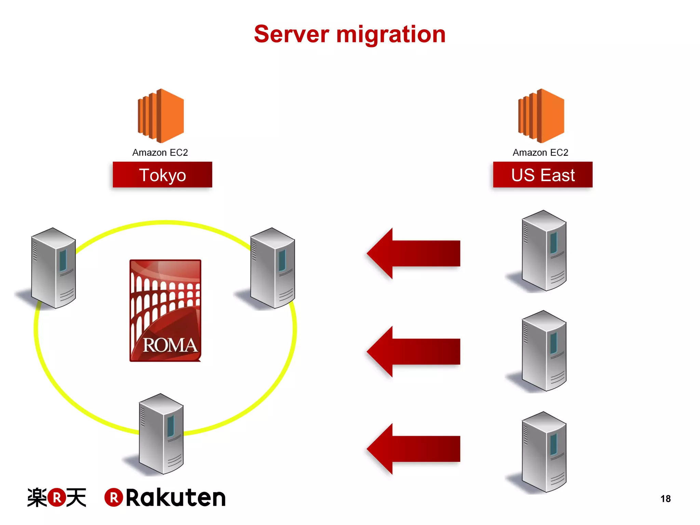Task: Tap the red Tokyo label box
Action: click(x=162, y=175)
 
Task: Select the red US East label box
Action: click(x=542, y=175)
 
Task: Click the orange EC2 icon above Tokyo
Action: click(x=161, y=116)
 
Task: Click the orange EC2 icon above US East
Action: click(x=541, y=116)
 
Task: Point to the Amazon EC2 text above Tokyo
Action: click(x=160, y=152)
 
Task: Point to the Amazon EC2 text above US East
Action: click(x=540, y=152)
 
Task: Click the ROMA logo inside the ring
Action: click(x=165, y=310)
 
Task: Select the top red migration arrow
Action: click(x=414, y=253)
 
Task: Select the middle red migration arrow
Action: click(x=414, y=351)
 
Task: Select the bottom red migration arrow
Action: click(x=414, y=449)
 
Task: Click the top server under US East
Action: click(x=543, y=251)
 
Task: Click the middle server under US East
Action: click(x=543, y=351)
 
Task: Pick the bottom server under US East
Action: click(x=543, y=452)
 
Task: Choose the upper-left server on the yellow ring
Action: click(x=53, y=268)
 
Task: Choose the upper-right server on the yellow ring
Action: click(x=272, y=268)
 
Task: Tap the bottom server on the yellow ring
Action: click(x=161, y=434)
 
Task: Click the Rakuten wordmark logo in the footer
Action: click(x=165, y=497)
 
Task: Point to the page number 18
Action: click(x=665, y=499)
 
